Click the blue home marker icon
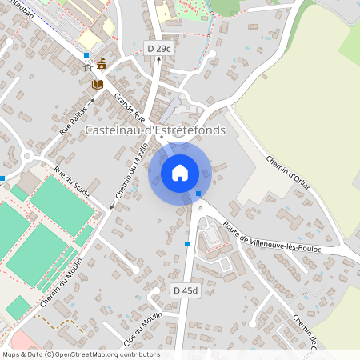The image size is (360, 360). (x=180, y=171)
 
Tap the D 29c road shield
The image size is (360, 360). (x=159, y=49)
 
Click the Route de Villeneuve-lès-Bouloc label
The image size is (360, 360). (x=272, y=237)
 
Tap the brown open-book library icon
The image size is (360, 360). (x=98, y=83)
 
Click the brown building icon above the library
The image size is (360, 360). (x=102, y=63)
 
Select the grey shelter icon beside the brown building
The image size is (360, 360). (x=90, y=69)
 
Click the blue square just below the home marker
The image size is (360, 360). (x=198, y=194)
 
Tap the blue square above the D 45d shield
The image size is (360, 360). (x=187, y=243)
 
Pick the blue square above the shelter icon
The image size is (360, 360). (x=86, y=55)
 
